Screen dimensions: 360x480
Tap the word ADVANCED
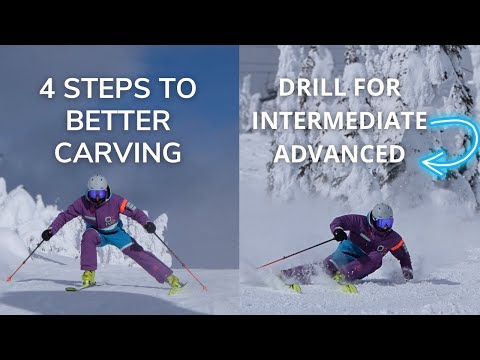pos(340,155)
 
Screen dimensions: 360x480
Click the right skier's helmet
pos(381,214)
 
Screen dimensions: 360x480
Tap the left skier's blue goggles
pos(97,194)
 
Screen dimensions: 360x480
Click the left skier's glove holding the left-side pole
pos(47,235)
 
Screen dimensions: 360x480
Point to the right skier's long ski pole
pos(295,253)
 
